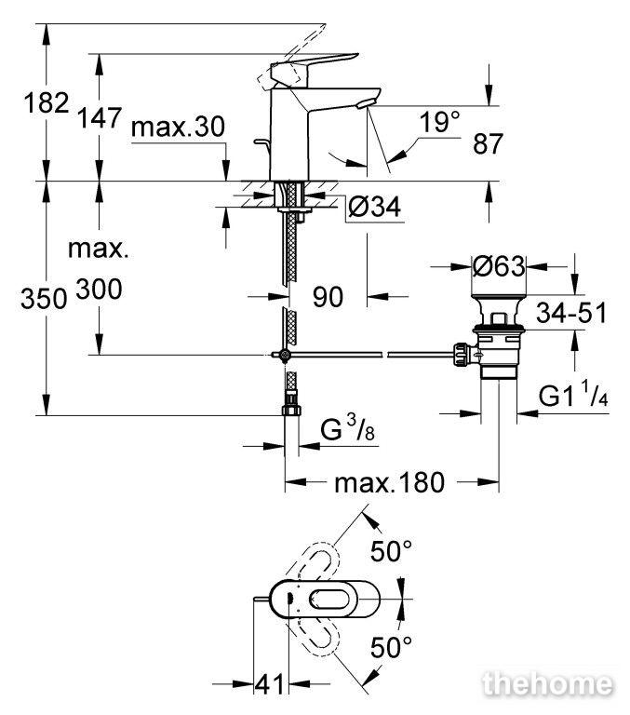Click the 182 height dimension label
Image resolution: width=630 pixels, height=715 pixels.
pyautogui.click(x=47, y=102)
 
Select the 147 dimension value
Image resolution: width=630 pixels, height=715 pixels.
pyautogui.click(x=100, y=117)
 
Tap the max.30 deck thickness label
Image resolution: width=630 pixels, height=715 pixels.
pyautogui.click(x=178, y=127)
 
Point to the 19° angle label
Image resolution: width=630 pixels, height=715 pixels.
pyautogui.click(x=439, y=122)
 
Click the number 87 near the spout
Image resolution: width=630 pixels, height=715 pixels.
pyautogui.click(x=488, y=143)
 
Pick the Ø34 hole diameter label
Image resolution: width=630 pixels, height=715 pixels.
pyautogui.click(x=374, y=208)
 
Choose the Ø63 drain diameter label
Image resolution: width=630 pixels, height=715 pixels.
pyautogui.click(x=499, y=266)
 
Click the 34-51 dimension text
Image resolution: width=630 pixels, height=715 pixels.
pyautogui.click(x=571, y=313)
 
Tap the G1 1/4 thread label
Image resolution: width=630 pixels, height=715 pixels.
pyautogui.click(x=573, y=395)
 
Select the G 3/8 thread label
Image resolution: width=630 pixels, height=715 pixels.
pyautogui.click(x=347, y=428)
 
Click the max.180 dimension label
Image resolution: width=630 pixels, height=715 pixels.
pyautogui.click(x=389, y=482)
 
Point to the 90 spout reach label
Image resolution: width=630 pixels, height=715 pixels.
pyautogui.click(x=328, y=297)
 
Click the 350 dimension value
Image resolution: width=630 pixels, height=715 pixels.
pyautogui.click(x=44, y=300)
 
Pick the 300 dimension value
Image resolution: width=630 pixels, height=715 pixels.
pyautogui.click(x=99, y=290)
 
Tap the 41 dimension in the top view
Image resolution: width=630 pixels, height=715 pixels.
pyautogui.click(x=270, y=684)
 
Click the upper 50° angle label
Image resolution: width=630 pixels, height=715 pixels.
pyautogui.click(x=391, y=551)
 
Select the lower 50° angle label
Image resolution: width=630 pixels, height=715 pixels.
pyautogui.click(x=391, y=647)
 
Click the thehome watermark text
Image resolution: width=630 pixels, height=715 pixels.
pyautogui.click(x=547, y=684)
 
